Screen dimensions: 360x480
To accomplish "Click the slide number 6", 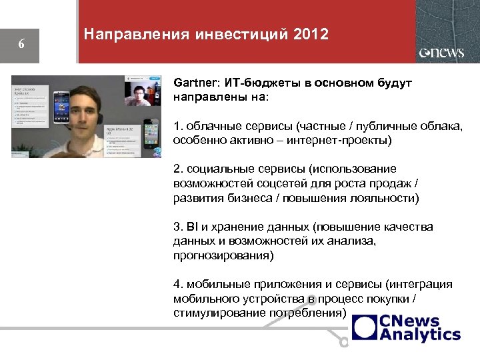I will pyautogui.click(x=21, y=45).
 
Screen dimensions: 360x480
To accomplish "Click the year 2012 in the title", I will pyautogui.click(x=310, y=34).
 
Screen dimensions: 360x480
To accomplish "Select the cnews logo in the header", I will pyautogui.click(x=441, y=53).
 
